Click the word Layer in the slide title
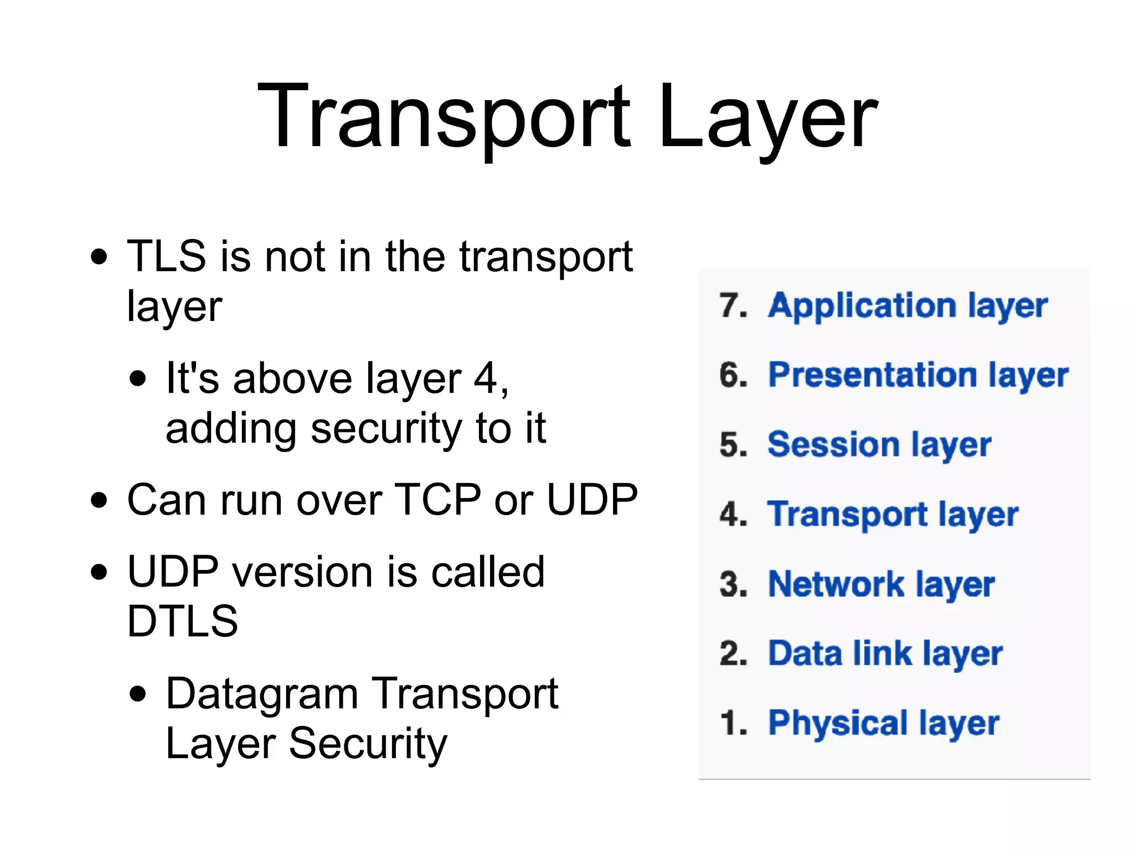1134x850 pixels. [767, 117]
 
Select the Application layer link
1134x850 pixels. [908, 306]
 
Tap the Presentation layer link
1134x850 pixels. [918, 376]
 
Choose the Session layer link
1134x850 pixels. [879, 445]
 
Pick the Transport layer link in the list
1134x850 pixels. [893, 515]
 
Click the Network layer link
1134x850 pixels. [882, 584]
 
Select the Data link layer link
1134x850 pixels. [885, 654]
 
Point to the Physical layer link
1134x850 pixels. [884, 723]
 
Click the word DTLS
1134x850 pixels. [183, 621]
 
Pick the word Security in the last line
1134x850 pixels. [368, 743]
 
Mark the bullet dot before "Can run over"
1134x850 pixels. [99, 500]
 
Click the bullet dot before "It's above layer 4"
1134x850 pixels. [138, 379]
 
